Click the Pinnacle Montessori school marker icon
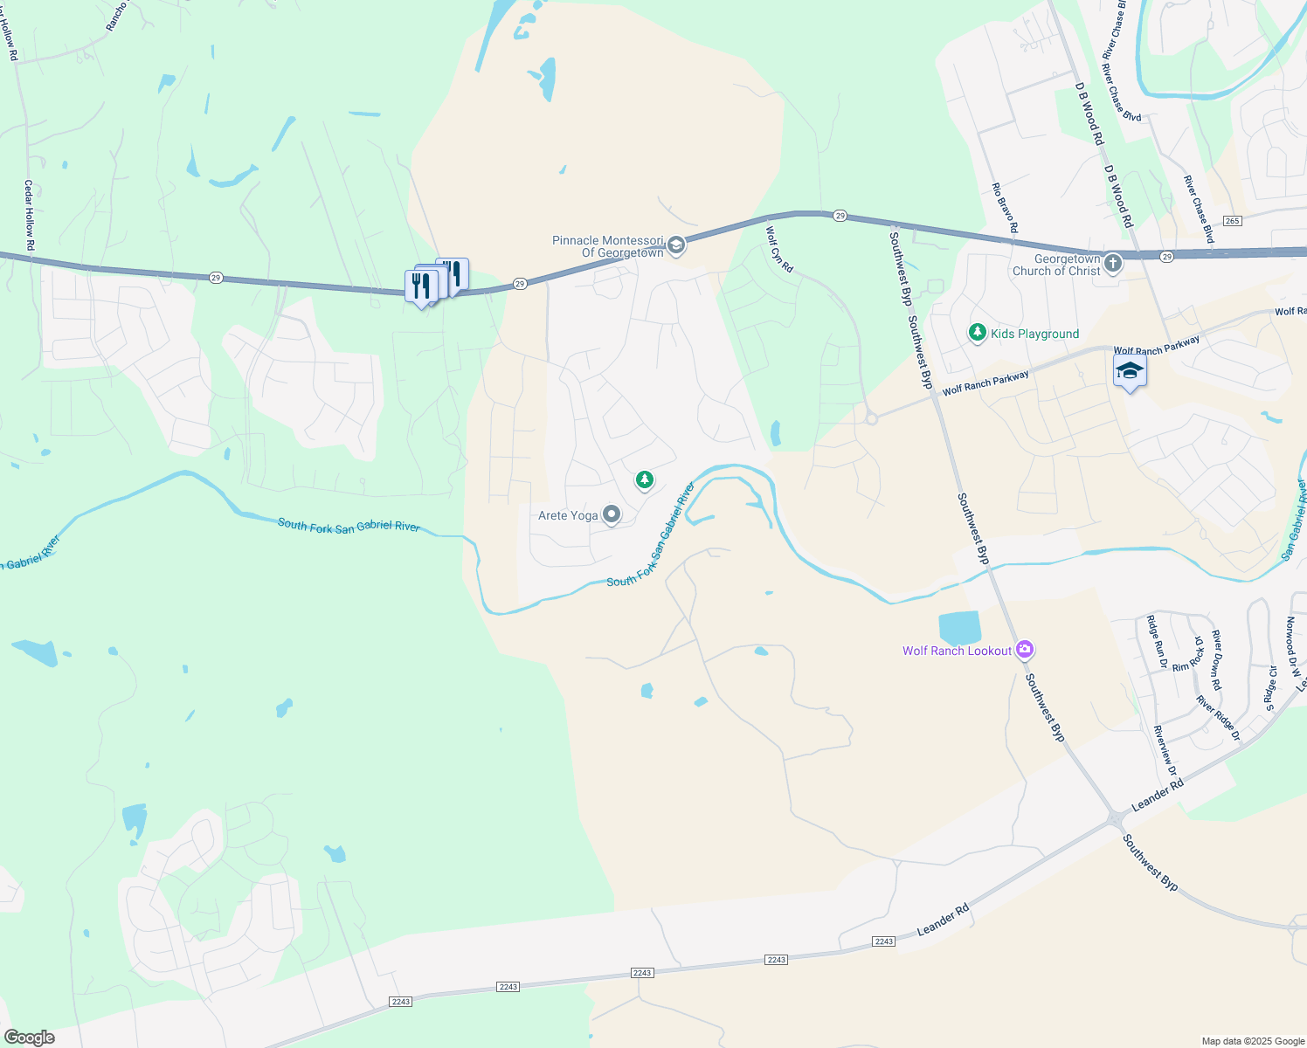click(x=675, y=246)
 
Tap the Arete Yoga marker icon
click(x=612, y=515)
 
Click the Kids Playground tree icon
click(x=978, y=333)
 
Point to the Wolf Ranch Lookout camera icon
click(x=1026, y=650)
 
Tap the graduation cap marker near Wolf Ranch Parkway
click(x=1129, y=370)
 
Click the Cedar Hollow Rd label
click(x=29, y=216)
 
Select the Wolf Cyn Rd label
click(x=779, y=250)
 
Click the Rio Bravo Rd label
click(x=1005, y=208)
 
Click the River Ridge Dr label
click(x=1218, y=719)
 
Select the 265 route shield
click(x=1232, y=221)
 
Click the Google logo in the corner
click(x=30, y=1037)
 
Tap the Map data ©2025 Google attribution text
click(x=1252, y=1041)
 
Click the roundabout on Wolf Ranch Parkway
click(x=871, y=419)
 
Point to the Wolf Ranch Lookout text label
click(x=957, y=651)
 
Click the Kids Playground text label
click(x=1034, y=334)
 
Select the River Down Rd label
click(x=1216, y=660)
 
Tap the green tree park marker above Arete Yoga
click(x=645, y=479)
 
